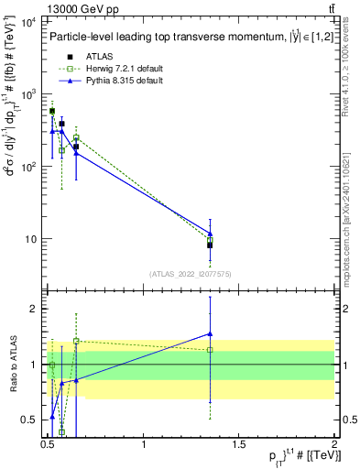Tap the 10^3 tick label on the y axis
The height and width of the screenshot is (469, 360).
click(x=28, y=93)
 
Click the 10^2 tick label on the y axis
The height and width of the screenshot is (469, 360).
click(x=28, y=167)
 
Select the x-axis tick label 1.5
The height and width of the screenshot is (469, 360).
click(x=239, y=444)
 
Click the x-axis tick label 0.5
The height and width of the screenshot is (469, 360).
click(x=49, y=444)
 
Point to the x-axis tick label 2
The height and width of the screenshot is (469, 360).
click(x=334, y=444)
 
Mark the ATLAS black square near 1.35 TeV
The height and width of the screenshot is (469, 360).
click(x=210, y=245)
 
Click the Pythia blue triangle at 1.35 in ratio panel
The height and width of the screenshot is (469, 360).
click(x=210, y=333)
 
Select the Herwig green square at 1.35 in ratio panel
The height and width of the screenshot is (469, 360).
click(x=210, y=350)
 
